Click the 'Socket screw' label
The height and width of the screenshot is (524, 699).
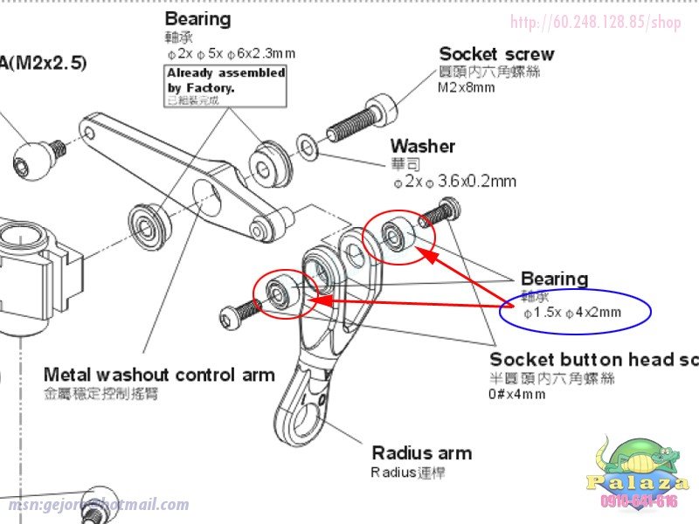[496, 54]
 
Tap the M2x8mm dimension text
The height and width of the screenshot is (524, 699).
[467, 87]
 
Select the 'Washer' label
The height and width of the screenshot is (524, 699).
[422, 146]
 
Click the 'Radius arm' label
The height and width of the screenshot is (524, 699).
[421, 452]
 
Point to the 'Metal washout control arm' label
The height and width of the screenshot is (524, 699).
[159, 376]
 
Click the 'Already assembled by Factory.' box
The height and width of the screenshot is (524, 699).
[226, 86]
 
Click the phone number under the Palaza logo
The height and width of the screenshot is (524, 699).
[639, 501]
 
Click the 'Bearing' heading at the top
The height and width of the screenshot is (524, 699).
[197, 19]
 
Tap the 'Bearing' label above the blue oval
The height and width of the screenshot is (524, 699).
[554, 279]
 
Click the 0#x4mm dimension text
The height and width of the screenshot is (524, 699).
[517, 394]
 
